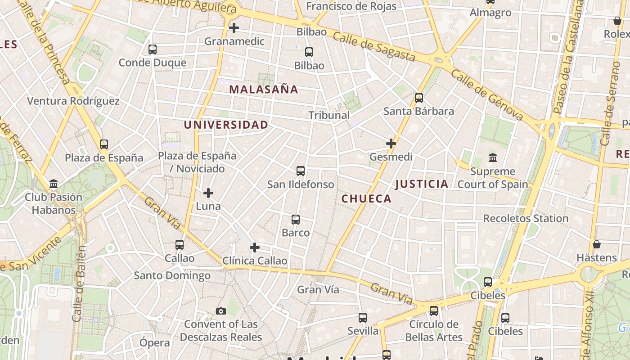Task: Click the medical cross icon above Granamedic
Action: click(234, 28)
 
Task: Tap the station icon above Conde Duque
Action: click(153, 49)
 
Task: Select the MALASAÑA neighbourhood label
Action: click(264, 89)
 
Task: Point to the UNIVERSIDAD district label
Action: click(226, 125)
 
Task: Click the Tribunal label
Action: click(329, 115)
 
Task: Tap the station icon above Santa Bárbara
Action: click(419, 98)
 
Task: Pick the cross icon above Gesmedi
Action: click(391, 144)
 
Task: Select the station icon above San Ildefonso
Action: click(301, 171)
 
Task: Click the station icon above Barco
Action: click(296, 220)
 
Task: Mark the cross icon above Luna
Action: click(208, 193)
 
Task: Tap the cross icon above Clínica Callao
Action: click(255, 247)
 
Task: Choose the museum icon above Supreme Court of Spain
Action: click(493, 158)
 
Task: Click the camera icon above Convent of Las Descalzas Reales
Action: click(220, 311)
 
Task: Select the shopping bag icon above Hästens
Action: click(597, 244)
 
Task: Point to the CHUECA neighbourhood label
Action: click(366, 198)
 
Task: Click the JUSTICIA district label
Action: click(422, 184)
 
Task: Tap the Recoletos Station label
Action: click(526, 218)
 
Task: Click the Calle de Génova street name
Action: click(487, 95)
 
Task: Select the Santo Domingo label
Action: click(172, 275)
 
